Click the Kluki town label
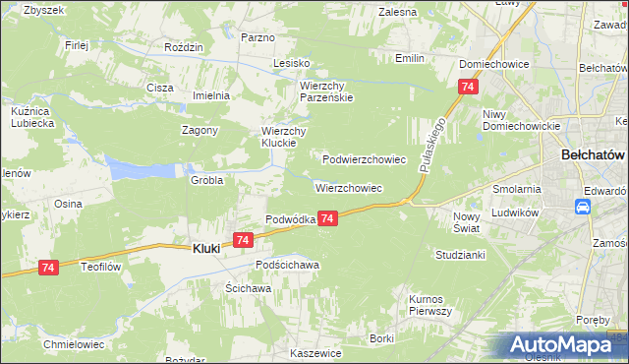pyautogui.click(x=202, y=250)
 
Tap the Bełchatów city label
pyautogui.click(x=593, y=155)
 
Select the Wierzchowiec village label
pyautogui.click(x=348, y=187)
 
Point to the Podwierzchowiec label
pyautogui.click(x=365, y=158)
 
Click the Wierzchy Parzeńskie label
pyautogui.click(x=326, y=91)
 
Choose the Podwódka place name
pyautogui.click(x=289, y=219)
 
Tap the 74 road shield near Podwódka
pyautogui.click(x=328, y=218)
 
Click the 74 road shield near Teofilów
pyautogui.click(x=50, y=267)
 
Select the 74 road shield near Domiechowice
pyautogui.click(x=466, y=88)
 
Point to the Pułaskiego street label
pyautogui.click(x=433, y=144)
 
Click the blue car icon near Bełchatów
pyautogui.click(x=582, y=207)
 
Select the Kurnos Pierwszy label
pyautogui.click(x=429, y=304)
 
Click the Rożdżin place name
pyautogui.click(x=185, y=47)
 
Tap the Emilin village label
pyautogui.click(x=409, y=58)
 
